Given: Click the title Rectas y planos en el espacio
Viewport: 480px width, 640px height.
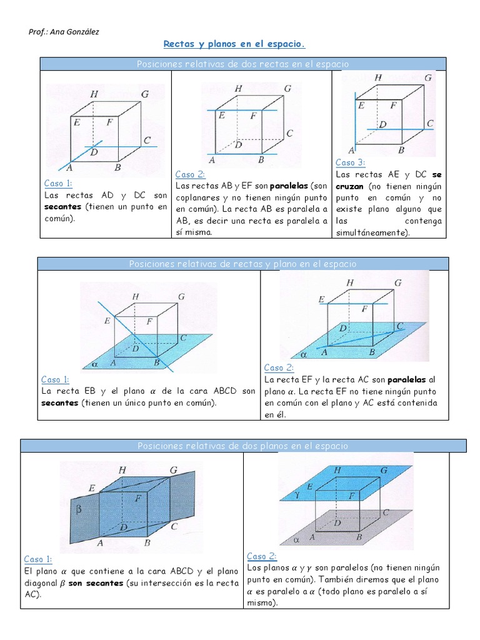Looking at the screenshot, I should (x=234, y=44).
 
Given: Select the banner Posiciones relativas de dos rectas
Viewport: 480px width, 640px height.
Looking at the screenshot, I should (x=243, y=64).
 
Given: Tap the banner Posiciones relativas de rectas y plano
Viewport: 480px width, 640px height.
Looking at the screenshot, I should (x=243, y=264).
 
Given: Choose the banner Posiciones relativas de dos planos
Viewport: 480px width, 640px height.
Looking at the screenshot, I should (x=243, y=446).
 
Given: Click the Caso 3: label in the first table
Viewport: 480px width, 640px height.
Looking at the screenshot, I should (x=350, y=162).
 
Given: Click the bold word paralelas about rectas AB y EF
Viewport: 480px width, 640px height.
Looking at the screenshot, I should (x=289, y=186).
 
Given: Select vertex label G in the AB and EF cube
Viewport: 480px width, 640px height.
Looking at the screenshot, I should (x=287, y=89).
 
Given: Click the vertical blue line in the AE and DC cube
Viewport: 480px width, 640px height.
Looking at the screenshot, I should (x=354, y=122).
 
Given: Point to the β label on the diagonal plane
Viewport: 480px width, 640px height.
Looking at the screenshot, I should (x=79, y=509).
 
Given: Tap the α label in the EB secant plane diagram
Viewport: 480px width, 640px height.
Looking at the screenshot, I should (x=95, y=362).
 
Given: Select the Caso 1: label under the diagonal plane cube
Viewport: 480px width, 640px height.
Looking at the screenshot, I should (x=38, y=559).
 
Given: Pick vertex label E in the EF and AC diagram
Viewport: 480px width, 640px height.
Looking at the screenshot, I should (x=321, y=300).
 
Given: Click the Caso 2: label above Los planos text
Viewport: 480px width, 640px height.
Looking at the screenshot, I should (x=261, y=556).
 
